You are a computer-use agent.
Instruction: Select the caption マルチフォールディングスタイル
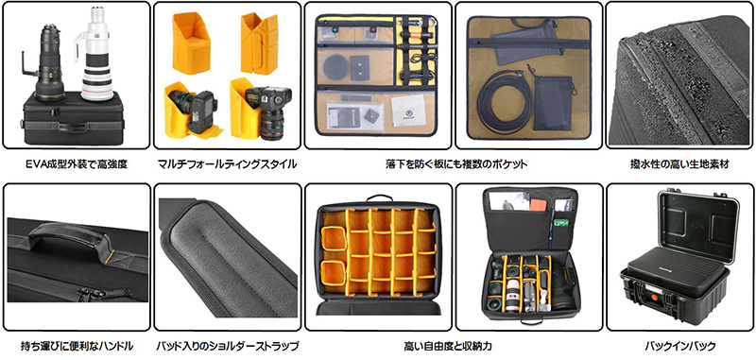[x=227, y=164]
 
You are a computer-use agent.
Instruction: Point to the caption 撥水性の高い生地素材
[x=679, y=164]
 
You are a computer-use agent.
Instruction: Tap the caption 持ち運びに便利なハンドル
[x=77, y=346]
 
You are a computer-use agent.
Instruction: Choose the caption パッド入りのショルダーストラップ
[x=227, y=346]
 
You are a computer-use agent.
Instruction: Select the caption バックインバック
[x=679, y=346]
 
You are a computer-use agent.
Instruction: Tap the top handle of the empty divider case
[x=379, y=198]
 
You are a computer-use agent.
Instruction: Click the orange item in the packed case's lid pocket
[x=539, y=204]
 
